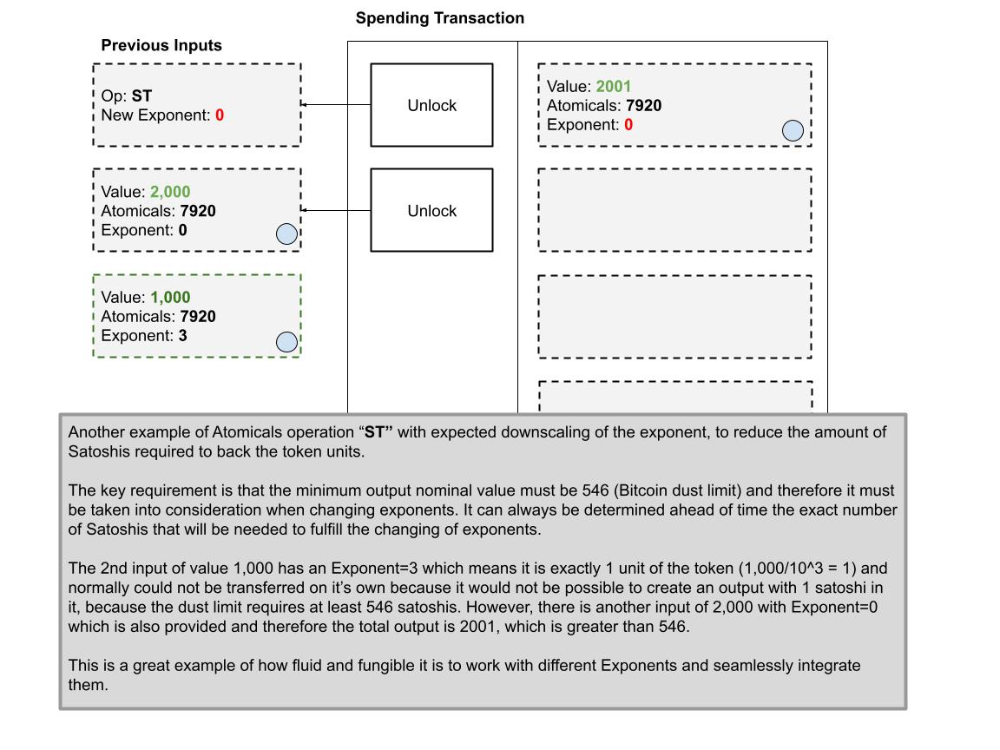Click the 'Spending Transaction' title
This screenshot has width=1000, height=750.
coord(439,18)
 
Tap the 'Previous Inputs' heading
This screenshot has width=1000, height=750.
coord(161,45)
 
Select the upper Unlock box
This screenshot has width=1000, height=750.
coord(431,105)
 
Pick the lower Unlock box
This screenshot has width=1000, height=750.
coord(431,211)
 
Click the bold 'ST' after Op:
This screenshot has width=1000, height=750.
coord(141,96)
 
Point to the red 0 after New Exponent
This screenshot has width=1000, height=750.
coord(220,115)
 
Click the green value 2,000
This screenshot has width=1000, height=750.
coord(170,192)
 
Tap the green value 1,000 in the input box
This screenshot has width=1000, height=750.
coord(170,298)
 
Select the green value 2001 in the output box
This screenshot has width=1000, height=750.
coord(614,87)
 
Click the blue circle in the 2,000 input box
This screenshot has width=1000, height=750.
coord(286,234)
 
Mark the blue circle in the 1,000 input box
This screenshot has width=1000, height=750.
coord(286,342)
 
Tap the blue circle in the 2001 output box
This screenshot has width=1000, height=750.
coord(793,130)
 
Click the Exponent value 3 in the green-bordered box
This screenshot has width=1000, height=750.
coord(183,336)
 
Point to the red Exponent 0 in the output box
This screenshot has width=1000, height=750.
coord(628,125)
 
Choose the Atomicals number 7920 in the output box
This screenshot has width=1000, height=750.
coord(643,106)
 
